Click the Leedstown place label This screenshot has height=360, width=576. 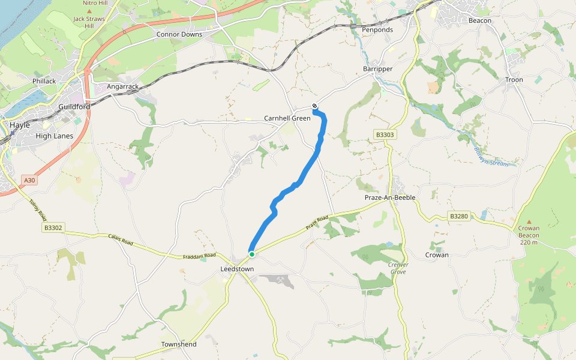pos(237,269)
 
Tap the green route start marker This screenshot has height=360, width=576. pos(252,254)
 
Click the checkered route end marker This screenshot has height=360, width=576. pos(314,107)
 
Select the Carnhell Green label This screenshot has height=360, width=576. pos(287,118)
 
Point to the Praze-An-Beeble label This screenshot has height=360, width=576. pos(390,197)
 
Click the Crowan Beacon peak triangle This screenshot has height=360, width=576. pos(529,221)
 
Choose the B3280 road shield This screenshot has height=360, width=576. pos(458,216)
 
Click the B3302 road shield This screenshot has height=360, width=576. pos(53,228)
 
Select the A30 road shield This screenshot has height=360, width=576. pos(29,180)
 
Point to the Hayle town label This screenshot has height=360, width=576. pos(20,125)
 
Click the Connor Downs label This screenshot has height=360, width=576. pos(179,34)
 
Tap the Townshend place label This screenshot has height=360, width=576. pos(178,344)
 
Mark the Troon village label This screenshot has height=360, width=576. pos(514,80)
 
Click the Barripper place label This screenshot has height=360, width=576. pos(377,69)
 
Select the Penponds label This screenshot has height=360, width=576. pos(377,29)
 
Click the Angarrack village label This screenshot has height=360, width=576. pos(122,86)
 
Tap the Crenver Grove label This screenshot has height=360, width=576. pos(397,268)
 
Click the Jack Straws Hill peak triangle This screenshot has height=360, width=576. pos(89,11)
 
